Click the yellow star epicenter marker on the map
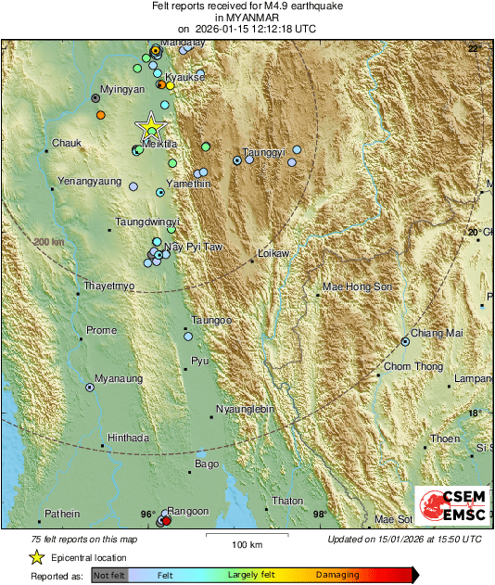click(x=149, y=127)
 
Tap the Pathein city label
click(x=64, y=514)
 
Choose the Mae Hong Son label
click(x=358, y=287)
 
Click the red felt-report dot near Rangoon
click(x=167, y=521)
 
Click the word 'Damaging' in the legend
click(x=337, y=575)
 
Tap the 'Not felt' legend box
click(x=108, y=575)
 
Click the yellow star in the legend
click(x=36, y=557)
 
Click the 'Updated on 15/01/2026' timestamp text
click(x=404, y=539)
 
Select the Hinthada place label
click(x=129, y=438)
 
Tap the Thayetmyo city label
click(x=109, y=286)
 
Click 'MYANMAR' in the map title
click(x=247, y=18)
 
